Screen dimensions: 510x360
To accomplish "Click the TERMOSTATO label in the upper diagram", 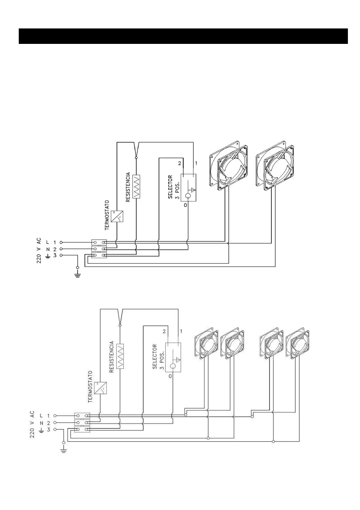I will point(107,215).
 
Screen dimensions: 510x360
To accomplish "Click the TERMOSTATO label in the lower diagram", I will point(90,387).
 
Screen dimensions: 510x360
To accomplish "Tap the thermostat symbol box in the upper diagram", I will point(117,216).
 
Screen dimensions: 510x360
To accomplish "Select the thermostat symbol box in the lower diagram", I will point(100,388).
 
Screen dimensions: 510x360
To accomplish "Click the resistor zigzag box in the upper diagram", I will point(136,186).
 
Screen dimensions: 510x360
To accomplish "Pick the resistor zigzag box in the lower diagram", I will point(120,356).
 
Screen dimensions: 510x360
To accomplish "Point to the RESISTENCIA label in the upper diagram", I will point(128,187).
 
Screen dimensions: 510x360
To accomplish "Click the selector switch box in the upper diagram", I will point(188,187).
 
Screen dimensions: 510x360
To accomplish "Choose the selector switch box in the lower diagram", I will point(173,357).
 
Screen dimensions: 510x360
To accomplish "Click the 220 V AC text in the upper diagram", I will point(39,250).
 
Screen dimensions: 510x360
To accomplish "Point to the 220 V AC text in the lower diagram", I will point(32,424).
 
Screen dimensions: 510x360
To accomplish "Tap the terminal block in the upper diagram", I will point(99,249).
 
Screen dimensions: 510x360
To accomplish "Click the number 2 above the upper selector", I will point(179,163).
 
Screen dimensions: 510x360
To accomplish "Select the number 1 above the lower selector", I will point(181,331).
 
